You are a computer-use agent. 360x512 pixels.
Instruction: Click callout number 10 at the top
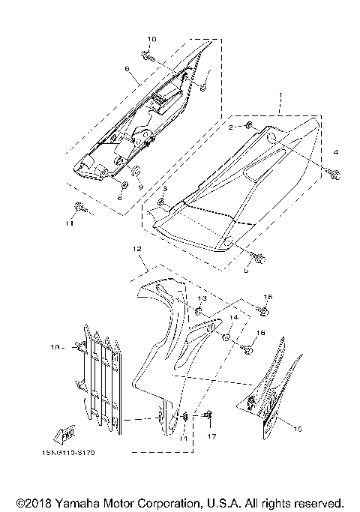[x=151, y=39]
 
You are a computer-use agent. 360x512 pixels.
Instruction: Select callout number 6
[x=127, y=68]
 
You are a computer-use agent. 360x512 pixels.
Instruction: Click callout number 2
[x=232, y=128]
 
